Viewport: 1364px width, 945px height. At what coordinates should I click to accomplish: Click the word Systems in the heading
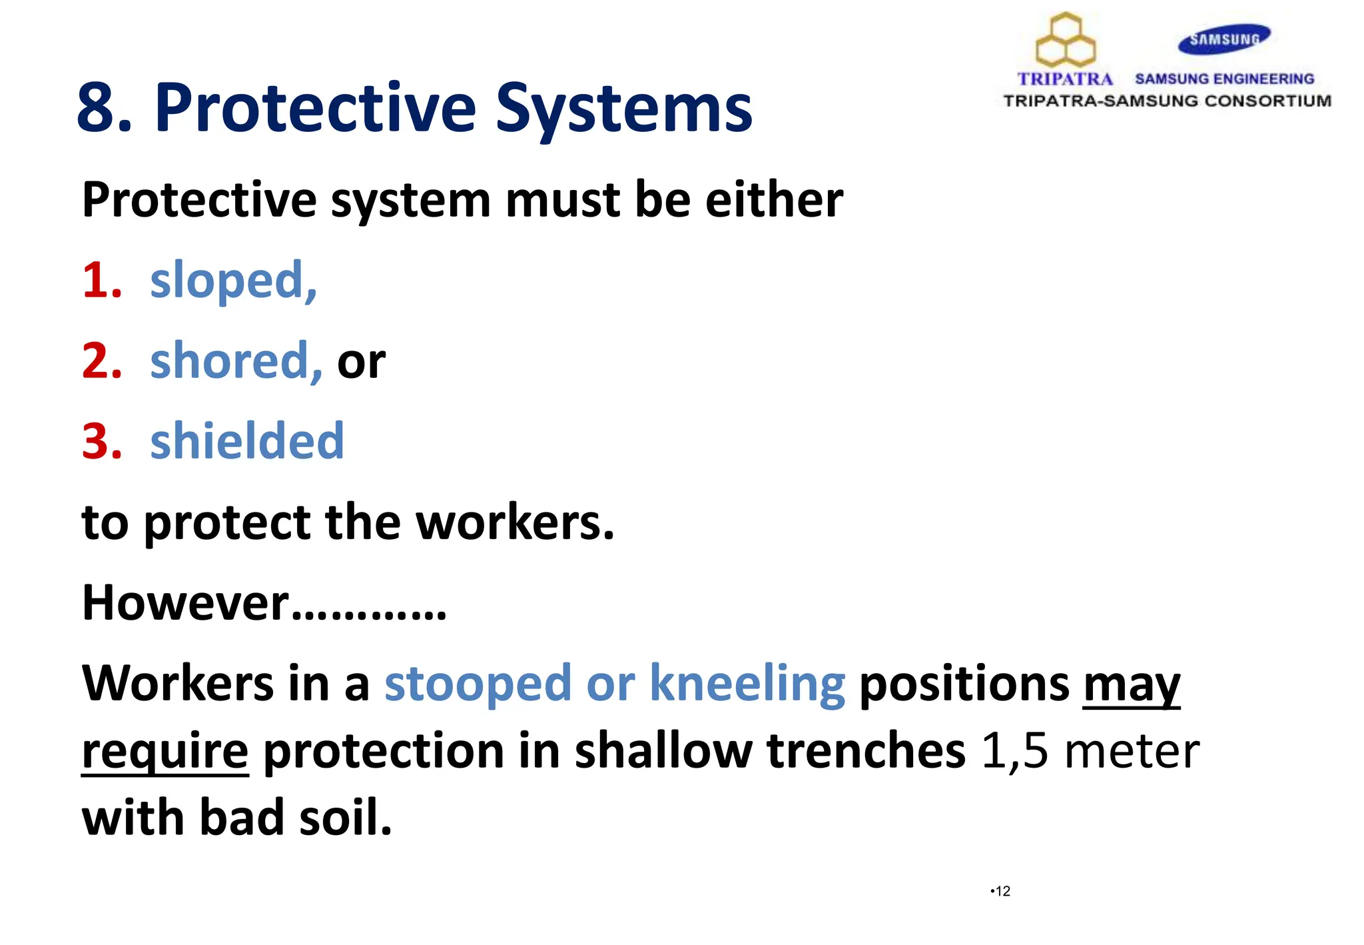pos(623,108)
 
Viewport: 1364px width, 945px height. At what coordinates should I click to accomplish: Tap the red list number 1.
pos(101,280)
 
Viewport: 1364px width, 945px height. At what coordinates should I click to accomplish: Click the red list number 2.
pos(101,361)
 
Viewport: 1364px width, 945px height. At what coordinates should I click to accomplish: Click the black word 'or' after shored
pos(361,364)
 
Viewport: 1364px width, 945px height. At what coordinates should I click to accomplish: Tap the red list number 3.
pos(101,442)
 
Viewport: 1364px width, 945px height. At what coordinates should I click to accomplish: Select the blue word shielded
pos(247,441)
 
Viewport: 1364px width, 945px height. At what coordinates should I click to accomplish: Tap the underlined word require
pos(165,752)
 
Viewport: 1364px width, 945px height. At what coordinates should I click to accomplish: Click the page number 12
pos(1002,891)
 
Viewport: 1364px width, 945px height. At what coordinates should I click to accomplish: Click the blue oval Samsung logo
pos(1224,39)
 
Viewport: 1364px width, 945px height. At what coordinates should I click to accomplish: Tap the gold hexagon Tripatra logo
pos(1066,41)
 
